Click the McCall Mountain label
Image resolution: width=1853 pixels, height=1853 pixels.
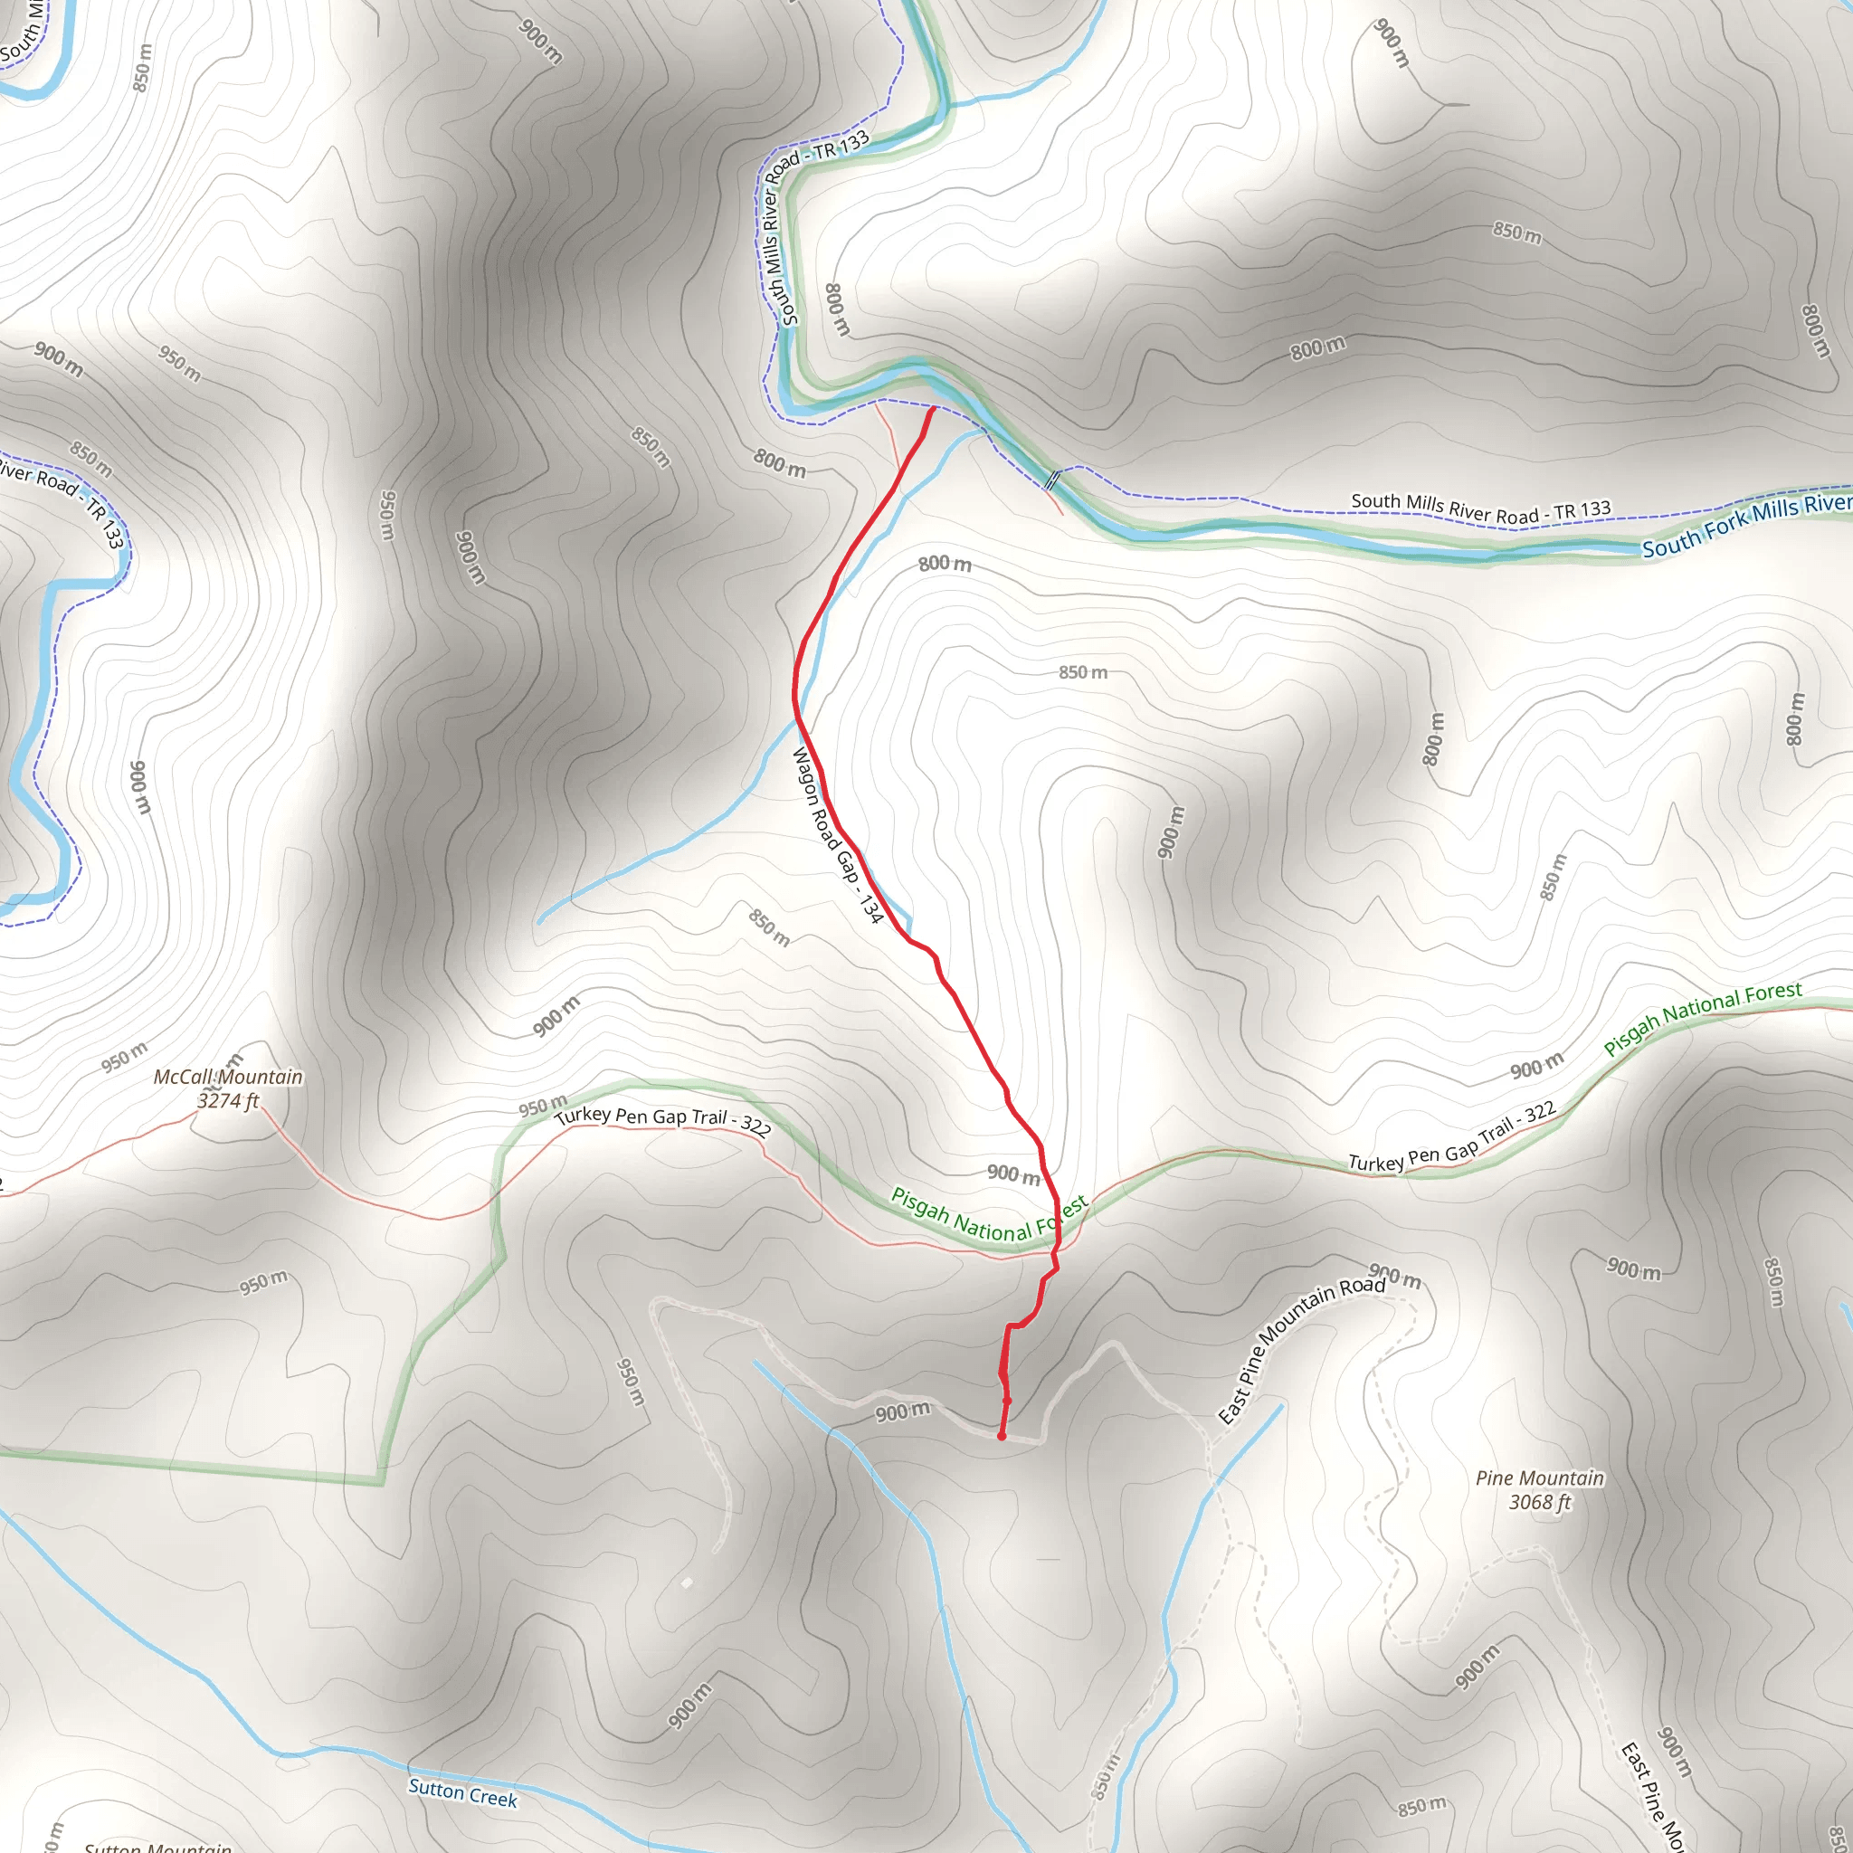click(228, 1077)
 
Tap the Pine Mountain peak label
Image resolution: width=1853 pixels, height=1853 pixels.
click(1539, 1478)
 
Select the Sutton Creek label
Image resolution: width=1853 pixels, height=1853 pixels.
click(462, 1791)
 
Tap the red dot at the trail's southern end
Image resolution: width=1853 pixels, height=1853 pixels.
click(1002, 1437)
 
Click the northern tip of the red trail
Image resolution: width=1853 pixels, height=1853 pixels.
click(933, 410)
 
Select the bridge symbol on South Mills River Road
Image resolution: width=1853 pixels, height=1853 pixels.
click(1052, 480)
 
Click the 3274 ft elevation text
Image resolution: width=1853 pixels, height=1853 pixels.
click(228, 1101)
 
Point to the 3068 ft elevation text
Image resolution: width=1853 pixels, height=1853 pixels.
click(1539, 1502)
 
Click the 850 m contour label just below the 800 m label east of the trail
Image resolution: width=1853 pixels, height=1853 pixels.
click(1083, 672)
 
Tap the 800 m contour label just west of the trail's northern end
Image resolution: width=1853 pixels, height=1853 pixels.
click(780, 463)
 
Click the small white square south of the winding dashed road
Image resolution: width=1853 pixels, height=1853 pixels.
click(687, 1582)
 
